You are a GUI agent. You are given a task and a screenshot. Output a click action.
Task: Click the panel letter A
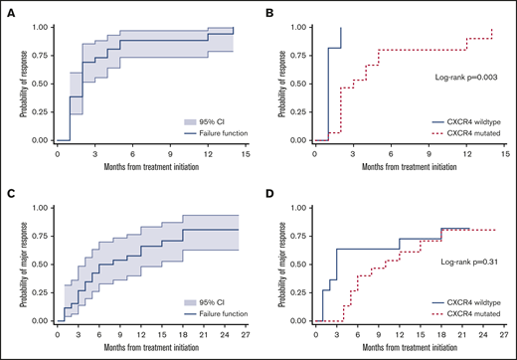tap(8, 8)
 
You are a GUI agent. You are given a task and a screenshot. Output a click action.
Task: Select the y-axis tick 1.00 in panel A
tap(34, 27)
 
